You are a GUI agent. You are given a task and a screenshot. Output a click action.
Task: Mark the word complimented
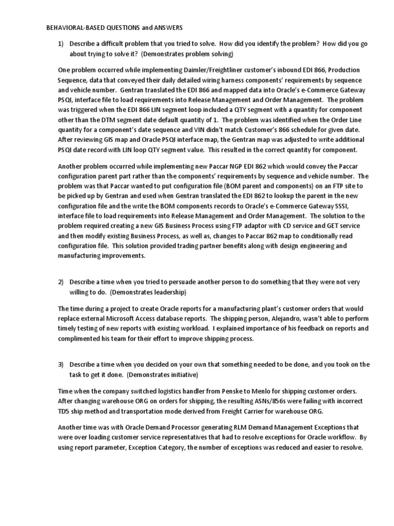pos(78,339)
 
